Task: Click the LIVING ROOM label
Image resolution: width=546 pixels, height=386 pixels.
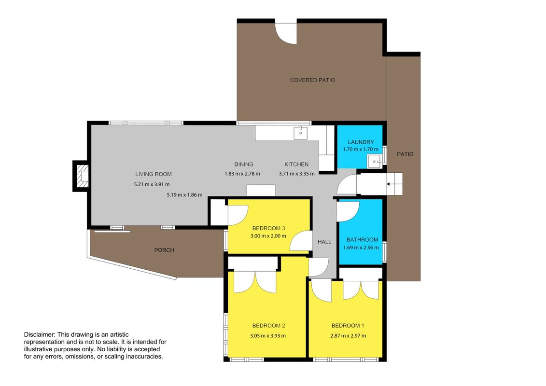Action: (x=153, y=174)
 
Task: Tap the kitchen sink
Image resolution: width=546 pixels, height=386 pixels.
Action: (x=300, y=133)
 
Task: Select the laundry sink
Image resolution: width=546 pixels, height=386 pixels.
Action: (x=375, y=162)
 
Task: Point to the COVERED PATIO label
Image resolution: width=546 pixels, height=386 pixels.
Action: (x=312, y=80)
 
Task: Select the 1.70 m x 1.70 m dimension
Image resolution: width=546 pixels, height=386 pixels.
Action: (x=361, y=149)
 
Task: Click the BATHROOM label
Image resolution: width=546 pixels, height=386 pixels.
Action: (x=362, y=239)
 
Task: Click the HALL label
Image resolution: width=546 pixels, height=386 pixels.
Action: (x=324, y=242)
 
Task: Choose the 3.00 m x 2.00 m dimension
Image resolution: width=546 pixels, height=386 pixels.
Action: (x=268, y=236)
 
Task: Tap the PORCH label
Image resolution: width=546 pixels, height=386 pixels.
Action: (x=164, y=250)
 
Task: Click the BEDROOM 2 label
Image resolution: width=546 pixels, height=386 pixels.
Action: (x=268, y=326)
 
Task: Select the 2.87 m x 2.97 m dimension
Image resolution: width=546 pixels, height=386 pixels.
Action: (x=348, y=336)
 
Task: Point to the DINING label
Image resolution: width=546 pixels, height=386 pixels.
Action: (x=244, y=164)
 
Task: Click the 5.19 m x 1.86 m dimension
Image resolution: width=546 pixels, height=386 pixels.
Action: (x=184, y=195)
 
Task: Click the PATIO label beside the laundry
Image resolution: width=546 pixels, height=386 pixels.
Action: (x=405, y=154)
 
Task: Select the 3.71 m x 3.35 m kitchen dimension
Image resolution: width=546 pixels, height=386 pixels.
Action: (x=297, y=174)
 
